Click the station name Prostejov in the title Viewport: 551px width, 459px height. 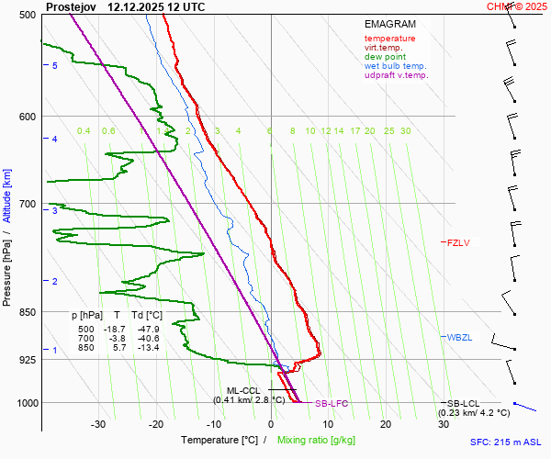[x=72, y=6]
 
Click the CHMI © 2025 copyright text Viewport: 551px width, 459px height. [x=517, y=6]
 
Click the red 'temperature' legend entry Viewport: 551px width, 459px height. [x=389, y=39]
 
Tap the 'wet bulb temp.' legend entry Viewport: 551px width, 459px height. [x=395, y=66]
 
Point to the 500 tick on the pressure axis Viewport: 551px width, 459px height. [x=27, y=15]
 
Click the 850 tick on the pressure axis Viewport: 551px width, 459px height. [x=27, y=312]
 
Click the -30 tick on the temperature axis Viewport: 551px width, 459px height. [x=98, y=424]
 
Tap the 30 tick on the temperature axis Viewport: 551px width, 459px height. [x=443, y=424]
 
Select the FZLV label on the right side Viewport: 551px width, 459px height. [x=458, y=243]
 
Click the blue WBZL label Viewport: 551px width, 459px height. [x=459, y=338]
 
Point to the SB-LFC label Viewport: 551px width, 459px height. [x=332, y=404]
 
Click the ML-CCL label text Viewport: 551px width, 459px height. [x=244, y=390]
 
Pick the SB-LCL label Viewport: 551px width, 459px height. [x=464, y=404]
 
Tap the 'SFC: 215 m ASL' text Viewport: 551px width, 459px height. [x=506, y=442]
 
